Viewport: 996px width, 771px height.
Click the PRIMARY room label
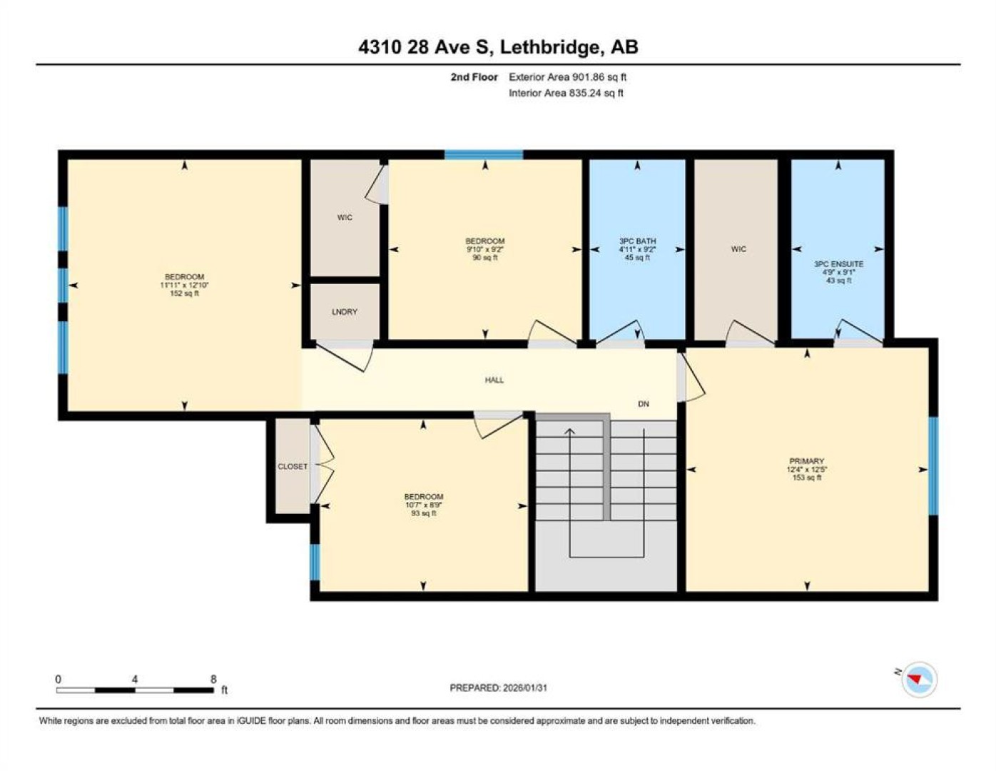pyautogui.click(x=806, y=460)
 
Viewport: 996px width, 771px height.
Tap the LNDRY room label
pyautogui.click(x=344, y=312)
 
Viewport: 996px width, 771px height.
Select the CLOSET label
pyautogui.click(x=293, y=466)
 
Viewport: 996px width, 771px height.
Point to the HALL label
pyautogui.click(x=494, y=380)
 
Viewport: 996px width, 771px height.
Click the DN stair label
pyautogui.click(x=644, y=404)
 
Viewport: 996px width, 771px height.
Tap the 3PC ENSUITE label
pyautogui.click(x=838, y=264)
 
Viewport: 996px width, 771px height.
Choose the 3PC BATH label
pyautogui.click(x=637, y=241)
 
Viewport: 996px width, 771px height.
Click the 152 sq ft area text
pyautogui.click(x=184, y=293)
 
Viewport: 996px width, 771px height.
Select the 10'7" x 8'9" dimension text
pyautogui.click(x=423, y=505)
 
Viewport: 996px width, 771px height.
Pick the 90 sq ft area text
pyautogui.click(x=485, y=258)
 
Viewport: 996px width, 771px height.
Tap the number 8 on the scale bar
pyautogui.click(x=213, y=680)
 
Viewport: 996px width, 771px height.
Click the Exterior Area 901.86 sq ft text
pyautogui.click(x=567, y=77)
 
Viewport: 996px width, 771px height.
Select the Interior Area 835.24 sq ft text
pyautogui.click(x=566, y=93)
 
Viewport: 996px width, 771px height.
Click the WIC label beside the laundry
pyautogui.click(x=345, y=218)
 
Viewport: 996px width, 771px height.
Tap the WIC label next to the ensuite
pyautogui.click(x=738, y=249)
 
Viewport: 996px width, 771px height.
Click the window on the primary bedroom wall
pyautogui.click(x=933, y=466)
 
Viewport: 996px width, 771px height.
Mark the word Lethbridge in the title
pyautogui.click(x=550, y=48)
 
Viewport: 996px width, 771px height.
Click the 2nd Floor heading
pyautogui.click(x=474, y=77)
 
